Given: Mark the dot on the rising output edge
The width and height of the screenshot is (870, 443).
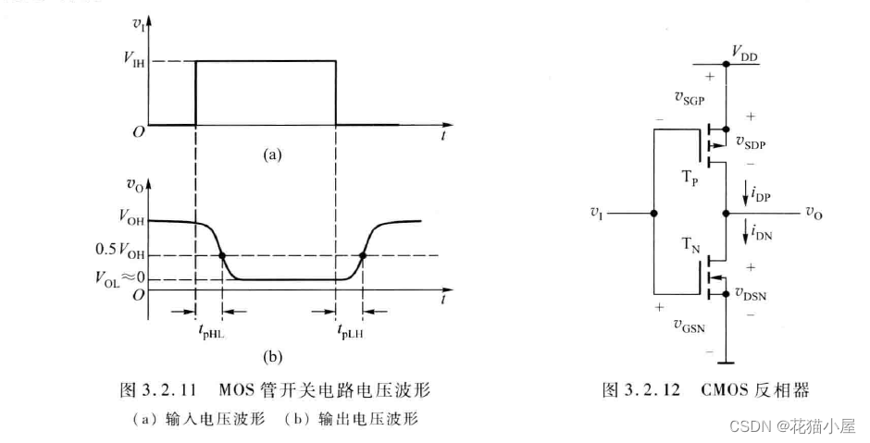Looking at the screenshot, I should [363, 255].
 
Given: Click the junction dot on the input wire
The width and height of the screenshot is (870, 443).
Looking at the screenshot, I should [653, 213].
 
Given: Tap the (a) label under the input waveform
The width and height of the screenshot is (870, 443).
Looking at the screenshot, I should [271, 155].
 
